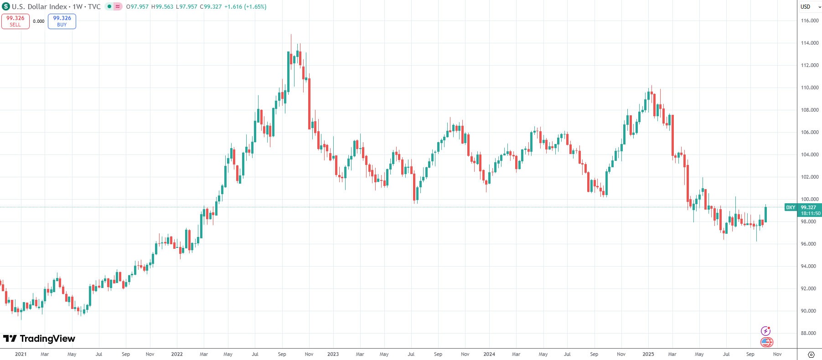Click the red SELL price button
click(x=16, y=21)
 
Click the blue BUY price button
click(x=62, y=21)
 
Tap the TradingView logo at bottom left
click(x=39, y=339)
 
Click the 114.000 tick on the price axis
click(x=810, y=43)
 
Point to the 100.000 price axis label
click(x=810, y=199)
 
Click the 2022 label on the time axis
click(x=177, y=354)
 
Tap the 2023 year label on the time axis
click(x=333, y=354)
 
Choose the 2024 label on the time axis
click(x=489, y=354)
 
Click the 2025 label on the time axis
click(x=648, y=354)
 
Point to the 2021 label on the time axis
click(x=21, y=354)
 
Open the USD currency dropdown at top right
click(x=810, y=7)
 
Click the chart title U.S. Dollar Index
click(x=39, y=7)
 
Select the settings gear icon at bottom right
click(x=811, y=355)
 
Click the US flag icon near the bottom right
click(x=766, y=342)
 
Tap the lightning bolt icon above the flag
click(x=765, y=331)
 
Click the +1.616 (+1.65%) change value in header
click(x=245, y=7)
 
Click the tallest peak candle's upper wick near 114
click(x=291, y=41)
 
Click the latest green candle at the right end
click(x=765, y=214)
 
